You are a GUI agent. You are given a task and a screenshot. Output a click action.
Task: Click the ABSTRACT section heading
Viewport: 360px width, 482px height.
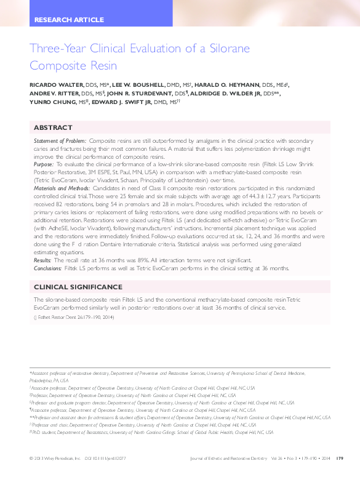point(52,128)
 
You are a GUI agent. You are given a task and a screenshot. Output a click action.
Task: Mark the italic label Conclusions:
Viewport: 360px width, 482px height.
point(49,268)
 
